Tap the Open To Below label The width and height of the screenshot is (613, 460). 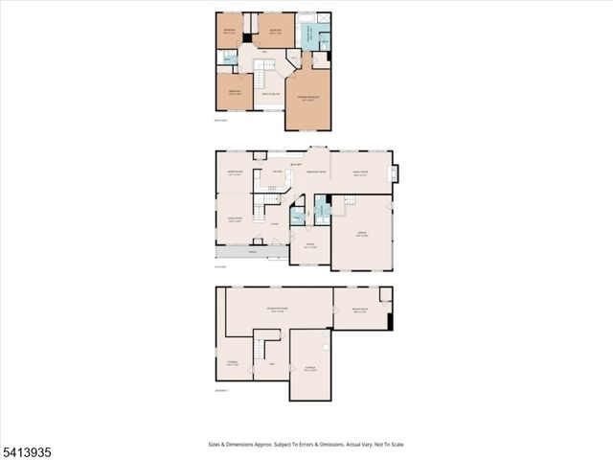click(269, 94)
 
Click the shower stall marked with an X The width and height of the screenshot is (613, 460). click(326, 20)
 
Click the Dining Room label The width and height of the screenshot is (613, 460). click(235, 173)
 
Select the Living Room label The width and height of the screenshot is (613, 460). click(235, 219)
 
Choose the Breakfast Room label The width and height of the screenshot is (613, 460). click(316, 172)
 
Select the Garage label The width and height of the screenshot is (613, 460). click(361, 235)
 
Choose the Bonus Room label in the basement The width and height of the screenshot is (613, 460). click(360, 311)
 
